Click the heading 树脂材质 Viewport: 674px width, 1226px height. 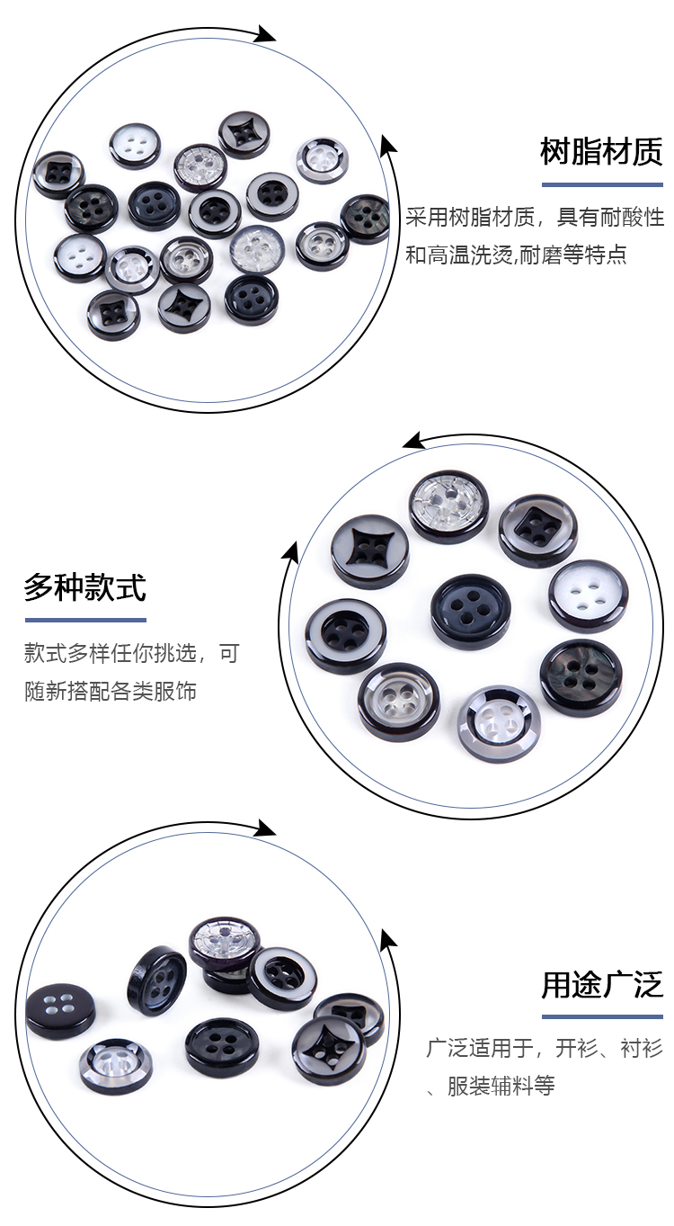point(601,151)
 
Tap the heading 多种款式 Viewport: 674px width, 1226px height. point(84,587)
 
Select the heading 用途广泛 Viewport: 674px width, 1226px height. point(601,985)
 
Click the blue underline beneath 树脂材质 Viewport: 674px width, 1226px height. point(601,183)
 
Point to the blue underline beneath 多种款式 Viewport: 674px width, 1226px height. point(84,620)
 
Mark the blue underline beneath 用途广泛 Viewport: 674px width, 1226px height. point(601,1016)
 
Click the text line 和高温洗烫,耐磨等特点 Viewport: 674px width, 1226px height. point(516,255)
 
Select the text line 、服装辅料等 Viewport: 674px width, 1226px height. point(491,1086)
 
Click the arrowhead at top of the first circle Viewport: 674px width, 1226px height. point(265,35)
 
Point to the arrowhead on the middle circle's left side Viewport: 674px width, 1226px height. point(289,550)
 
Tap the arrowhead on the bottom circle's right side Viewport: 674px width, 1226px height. point(387,940)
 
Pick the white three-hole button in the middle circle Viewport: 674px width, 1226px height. point(588,595)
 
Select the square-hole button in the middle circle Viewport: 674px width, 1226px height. point(537,528)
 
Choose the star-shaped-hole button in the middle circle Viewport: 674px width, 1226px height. point(369,549)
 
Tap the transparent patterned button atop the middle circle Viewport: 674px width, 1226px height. point(448,506)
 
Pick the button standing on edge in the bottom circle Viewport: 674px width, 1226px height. point(156,980)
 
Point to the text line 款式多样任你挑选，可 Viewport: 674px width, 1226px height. point(132,653)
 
